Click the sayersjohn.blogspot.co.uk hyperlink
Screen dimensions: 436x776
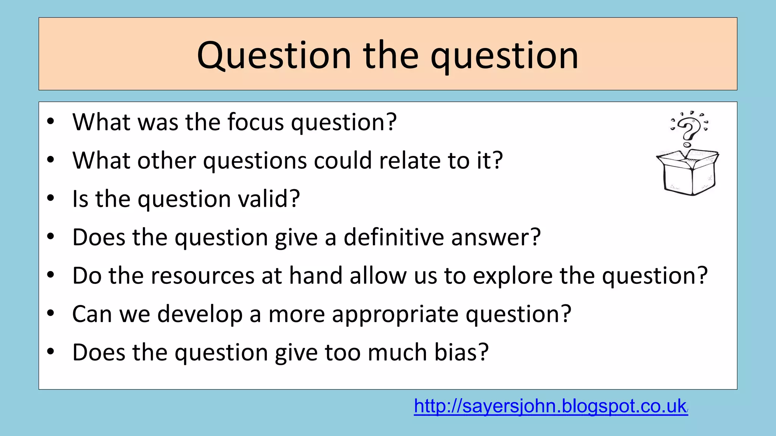[x=551, y=406]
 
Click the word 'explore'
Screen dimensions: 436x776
[x=513, y=276]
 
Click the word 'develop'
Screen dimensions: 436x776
[x=200, y=314]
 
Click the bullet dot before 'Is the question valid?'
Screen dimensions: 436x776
[x=51, y=198]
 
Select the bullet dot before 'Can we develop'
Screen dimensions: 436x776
[x=51, y=313]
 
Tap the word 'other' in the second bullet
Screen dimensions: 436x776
[x=166, y=160]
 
